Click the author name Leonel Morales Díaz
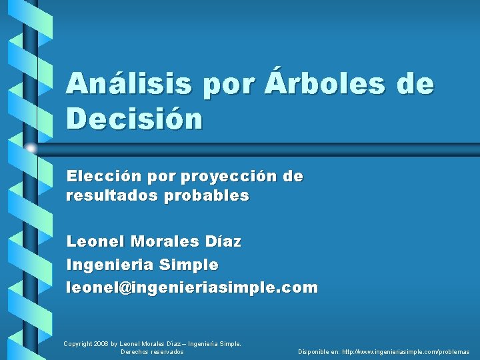point(154,242)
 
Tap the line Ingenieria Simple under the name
point(142,265)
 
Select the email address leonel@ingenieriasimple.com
point(192,288)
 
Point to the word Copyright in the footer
point(78,344)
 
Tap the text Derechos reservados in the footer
point(152,351)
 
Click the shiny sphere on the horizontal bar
point(31,147)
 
